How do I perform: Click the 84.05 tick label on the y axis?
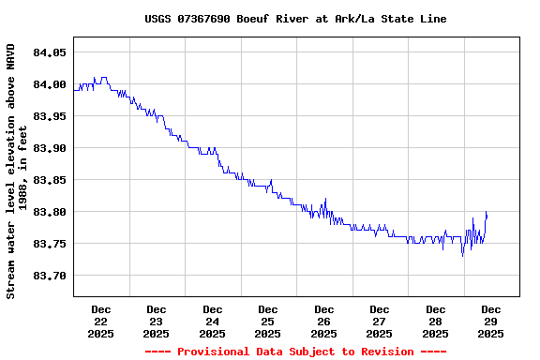point(49,52)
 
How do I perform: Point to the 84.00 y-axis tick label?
point(49,84)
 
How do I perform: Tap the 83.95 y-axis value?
point(49,116)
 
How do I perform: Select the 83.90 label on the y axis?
point(49,148)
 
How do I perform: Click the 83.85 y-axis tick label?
point(49,180)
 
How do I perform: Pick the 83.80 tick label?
point(49,212)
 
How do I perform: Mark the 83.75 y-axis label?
point(49,244)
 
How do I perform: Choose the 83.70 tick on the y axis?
point(49,276)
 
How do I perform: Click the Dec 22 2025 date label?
point(101,321)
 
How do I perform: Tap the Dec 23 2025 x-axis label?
point(157,321)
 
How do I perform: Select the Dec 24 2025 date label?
point(213,321)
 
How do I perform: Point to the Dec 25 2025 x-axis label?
point(268,321)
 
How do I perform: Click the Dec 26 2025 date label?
point(324,321)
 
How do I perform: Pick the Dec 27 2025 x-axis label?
point(380,321)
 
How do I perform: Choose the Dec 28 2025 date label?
point(435,321)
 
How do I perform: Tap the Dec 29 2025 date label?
point(491,321)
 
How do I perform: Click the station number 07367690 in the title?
point(206,19)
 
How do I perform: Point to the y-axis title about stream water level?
point(11,171)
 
